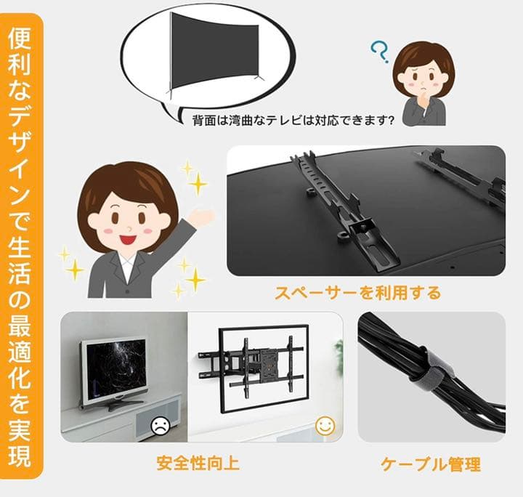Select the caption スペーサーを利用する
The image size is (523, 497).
(357, 293)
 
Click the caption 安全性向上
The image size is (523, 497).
(198, 463)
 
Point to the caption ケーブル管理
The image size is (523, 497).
(431, 464)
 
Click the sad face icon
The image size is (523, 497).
(159, 426)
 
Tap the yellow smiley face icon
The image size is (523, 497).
(325, 427)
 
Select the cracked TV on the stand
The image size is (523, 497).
(113, 370)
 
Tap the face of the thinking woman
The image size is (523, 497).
(421, 78)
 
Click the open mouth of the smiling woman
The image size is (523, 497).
(128, 237)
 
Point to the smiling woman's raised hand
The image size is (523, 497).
(203, 217)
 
